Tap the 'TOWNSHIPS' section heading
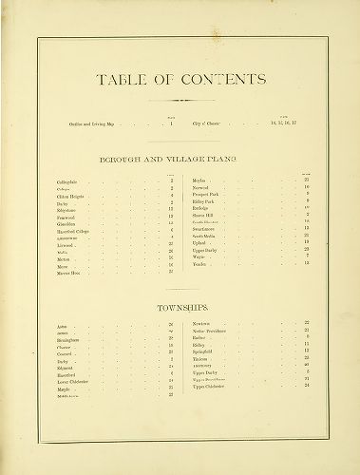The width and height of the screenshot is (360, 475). (x=180, y=309)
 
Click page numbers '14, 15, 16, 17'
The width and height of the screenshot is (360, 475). (x=284, y=123)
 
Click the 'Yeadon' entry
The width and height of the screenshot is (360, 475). (x=199, y=263)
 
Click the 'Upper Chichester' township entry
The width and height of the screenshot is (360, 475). (x=210, y=387)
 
